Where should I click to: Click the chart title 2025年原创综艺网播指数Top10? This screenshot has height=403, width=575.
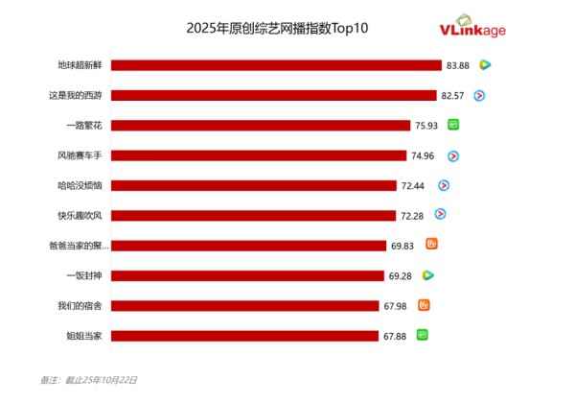click(x=277, y=28)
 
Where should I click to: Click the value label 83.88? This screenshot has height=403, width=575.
click(x=457, y=65)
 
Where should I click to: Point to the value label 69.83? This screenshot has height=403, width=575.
click(x=402, y=246)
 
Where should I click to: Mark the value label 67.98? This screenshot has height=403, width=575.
click(x=395, y=306)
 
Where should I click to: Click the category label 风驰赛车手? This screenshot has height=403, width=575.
click(x=80, y=155)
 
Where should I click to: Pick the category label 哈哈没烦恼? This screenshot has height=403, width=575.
click(x=80, y=185)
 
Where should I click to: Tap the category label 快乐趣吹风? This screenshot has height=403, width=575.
click(x=80, y=216)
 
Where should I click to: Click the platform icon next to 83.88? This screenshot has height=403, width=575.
click(x=485, y=65)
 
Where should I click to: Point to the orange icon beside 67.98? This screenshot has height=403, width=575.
click(x=424, y=305)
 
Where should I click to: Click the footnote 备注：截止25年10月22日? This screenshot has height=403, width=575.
click(x=88, y=380)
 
